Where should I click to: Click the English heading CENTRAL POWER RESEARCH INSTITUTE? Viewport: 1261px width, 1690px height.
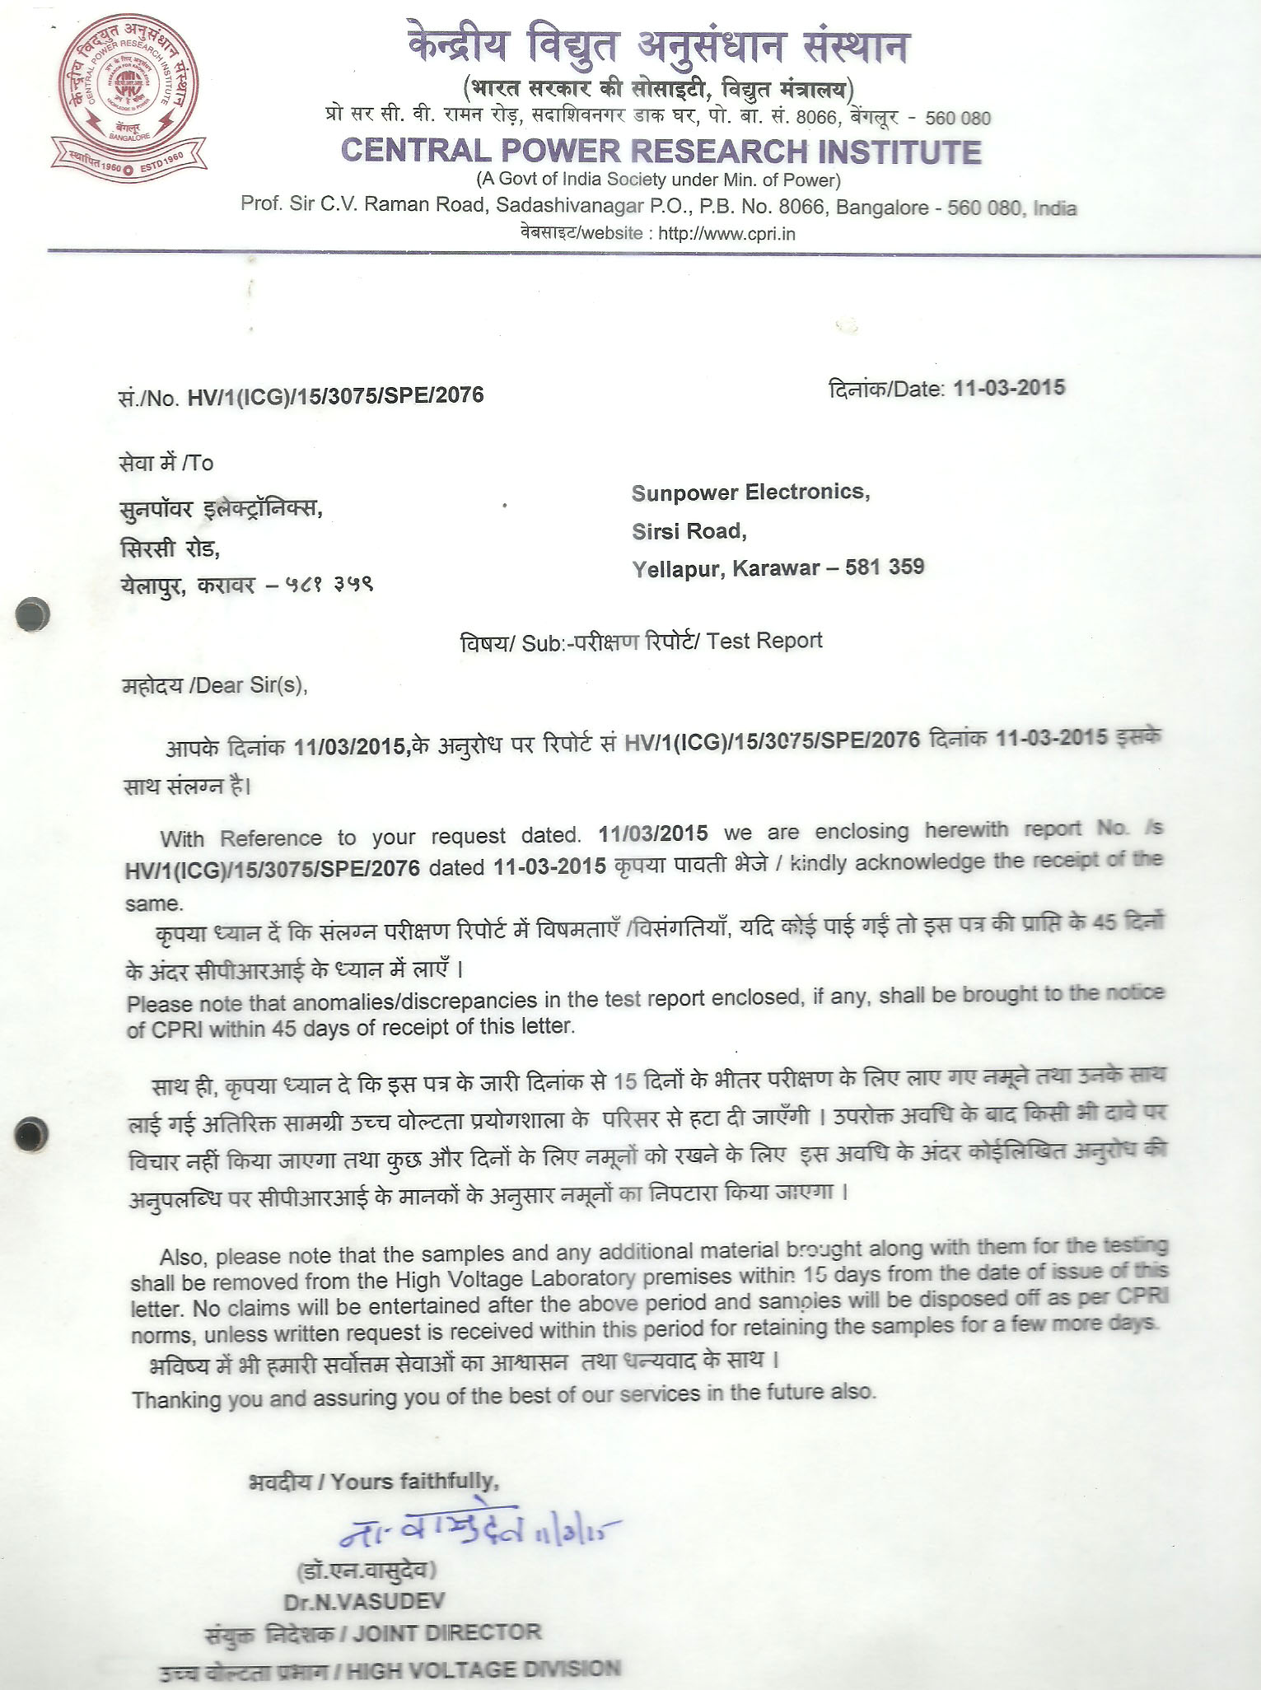(x=661, y=152)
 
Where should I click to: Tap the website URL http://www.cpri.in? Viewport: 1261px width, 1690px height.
(x=726, y=233)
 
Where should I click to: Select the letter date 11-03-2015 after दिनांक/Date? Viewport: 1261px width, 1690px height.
(x=1008, y=388)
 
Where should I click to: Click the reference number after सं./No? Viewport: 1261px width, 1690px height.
(x=335, y=396)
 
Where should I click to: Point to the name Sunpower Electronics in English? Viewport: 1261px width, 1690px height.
(x=750, y=493)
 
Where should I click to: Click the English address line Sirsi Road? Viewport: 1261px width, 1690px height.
(x=689, y=531)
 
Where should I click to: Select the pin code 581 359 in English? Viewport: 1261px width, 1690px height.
(x=885, y=567)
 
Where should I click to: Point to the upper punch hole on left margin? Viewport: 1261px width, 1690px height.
(x=33, y=614)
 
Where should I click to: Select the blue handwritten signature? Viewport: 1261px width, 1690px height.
(x=478, y=1531)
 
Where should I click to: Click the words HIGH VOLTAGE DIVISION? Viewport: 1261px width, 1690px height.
(x=483, y=1670)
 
